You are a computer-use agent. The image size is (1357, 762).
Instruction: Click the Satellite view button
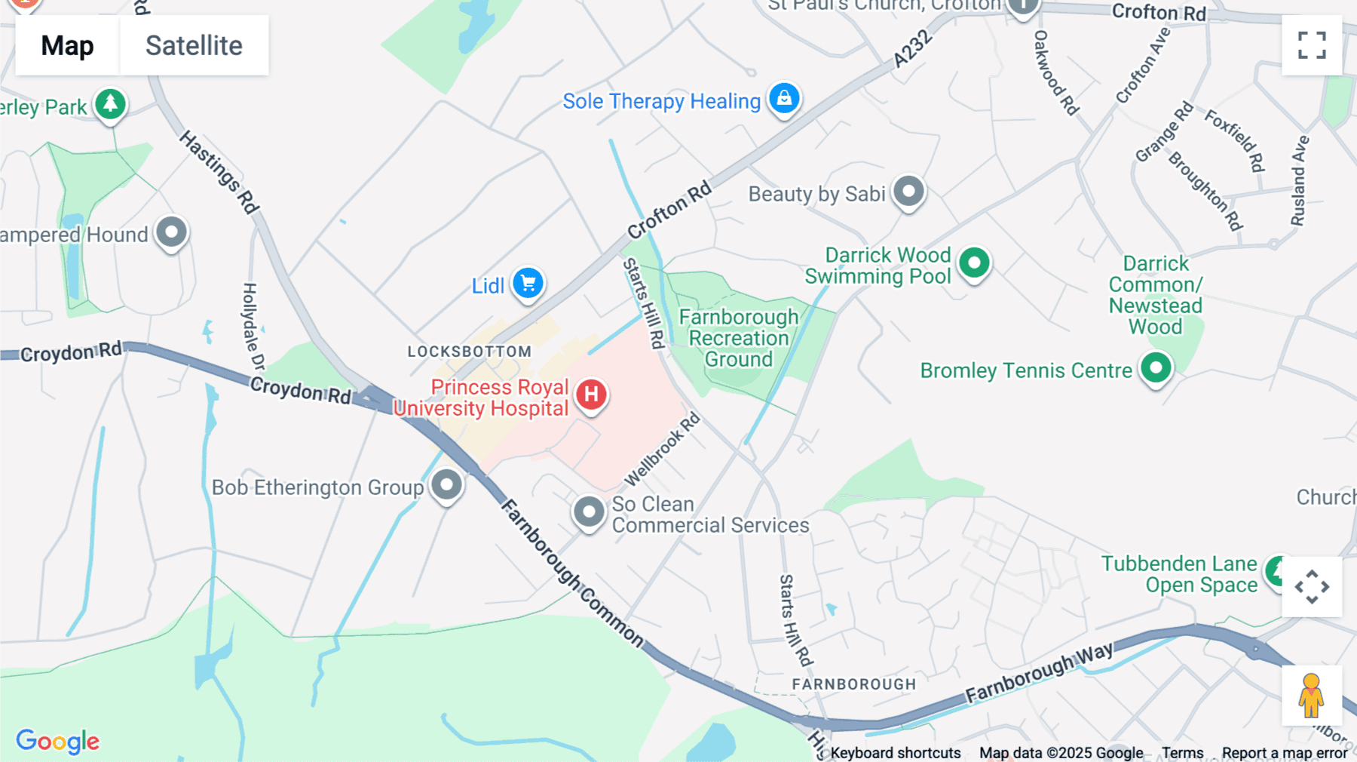[x=194, y=45]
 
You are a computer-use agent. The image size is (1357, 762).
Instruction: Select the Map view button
[x=67, y=45]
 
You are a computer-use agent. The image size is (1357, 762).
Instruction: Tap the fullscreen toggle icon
[x=1312, y=45]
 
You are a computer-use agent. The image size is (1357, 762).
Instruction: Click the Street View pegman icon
[x=1311, y=696]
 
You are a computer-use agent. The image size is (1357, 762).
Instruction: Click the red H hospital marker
[x=592, y=394]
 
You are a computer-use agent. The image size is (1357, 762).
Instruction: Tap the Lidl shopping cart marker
[x=528, y=284]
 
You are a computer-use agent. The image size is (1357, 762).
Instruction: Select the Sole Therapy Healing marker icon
[x=784, y=99]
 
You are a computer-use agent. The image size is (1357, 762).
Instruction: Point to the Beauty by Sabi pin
[x=908, y=192]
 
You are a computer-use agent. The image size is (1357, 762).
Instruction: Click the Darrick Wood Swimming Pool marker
[x=974, y=263]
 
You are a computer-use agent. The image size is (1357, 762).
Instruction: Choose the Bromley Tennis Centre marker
[x=1156, y=368]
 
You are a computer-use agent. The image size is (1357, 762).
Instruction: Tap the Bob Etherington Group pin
[x=446, y=484]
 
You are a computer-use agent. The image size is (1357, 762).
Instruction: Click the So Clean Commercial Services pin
[x=589, y=512]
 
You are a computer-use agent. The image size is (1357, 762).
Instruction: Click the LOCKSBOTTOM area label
[x=470, y=352]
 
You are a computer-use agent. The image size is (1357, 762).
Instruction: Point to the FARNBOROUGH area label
[x=853, y=684]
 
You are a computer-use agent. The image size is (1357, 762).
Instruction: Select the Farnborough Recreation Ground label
[x=738, y=338]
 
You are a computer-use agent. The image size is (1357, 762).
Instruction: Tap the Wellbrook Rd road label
[x=663, y=450]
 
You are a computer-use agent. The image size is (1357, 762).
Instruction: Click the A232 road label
[x=912, y=49]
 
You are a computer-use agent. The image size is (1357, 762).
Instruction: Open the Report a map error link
[x=1285, y=753]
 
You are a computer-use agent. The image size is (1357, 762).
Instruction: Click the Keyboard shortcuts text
[x=896, y=753]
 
